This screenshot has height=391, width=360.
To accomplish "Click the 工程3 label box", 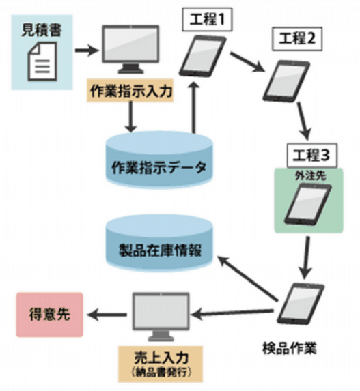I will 309,154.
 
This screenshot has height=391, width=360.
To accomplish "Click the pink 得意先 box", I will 46,315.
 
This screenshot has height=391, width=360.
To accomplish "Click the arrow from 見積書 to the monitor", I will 85,50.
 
